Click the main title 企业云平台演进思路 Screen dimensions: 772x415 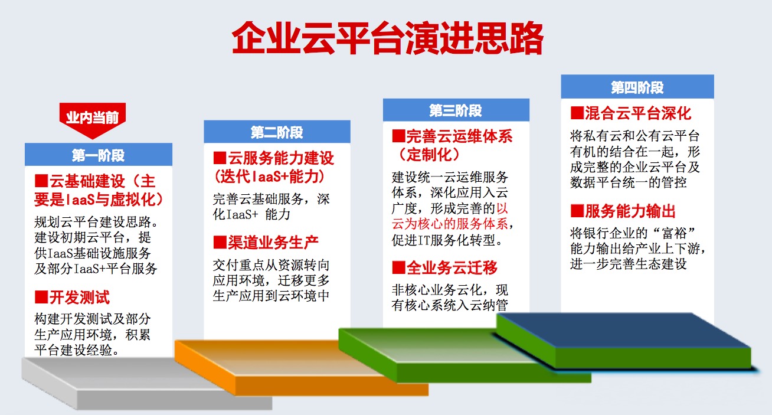(x=388, y=38)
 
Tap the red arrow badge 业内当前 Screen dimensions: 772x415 (x=92, y=119)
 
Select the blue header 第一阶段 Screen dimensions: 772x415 (x=98, y=155)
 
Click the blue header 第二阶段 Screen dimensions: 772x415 (x=277, y=132)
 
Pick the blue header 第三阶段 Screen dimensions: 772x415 (x=456, y=110)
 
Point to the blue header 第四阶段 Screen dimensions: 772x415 (x=637, y=87)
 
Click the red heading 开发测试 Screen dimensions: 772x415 (x=79, y=297)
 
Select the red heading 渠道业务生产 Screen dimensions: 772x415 (x=273, y=243)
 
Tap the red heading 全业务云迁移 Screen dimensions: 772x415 (x=452, y=267)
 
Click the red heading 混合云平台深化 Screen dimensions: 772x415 (x=638, y=113)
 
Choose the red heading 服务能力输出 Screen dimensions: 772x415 (x=630, y=211)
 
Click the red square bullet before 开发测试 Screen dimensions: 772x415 (x=41, y=297)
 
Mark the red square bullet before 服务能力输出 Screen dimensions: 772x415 (x=577, y=211)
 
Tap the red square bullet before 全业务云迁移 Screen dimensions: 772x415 (x=398, y=267)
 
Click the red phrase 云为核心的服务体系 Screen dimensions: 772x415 (x=450, y=224)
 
